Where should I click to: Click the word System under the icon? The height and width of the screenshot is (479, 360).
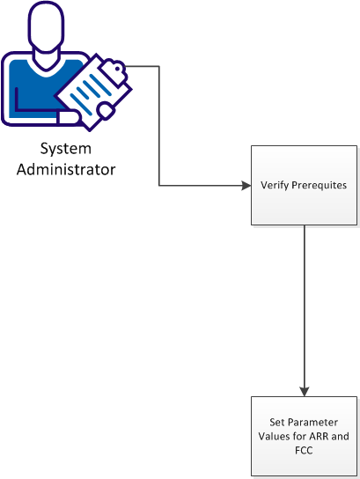[67, 149]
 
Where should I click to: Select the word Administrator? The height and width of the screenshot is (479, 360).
[67, 168]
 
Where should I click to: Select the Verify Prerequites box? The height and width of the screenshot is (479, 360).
[304, 185]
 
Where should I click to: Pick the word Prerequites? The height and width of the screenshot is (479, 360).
[318, 186]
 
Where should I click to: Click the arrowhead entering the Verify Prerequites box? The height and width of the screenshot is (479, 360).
[246, 186]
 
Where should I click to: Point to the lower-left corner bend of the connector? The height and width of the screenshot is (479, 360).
[159, 186]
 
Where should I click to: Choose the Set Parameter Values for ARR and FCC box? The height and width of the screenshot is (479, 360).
[304, 435]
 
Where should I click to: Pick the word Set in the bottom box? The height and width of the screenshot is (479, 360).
[278, 423]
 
